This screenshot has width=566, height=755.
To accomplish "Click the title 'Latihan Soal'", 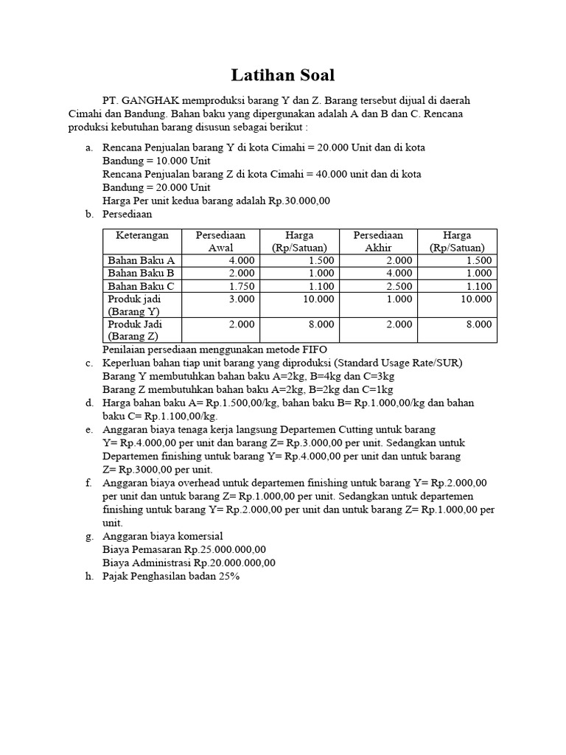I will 283,74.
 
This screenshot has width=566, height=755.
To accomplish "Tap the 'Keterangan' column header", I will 142,235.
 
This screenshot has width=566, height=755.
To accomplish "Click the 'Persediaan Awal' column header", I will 220,241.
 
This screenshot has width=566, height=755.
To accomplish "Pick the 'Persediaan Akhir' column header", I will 378,241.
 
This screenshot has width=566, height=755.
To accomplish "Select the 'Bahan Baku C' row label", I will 141,286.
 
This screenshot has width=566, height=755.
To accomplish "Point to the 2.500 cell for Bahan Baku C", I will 399,286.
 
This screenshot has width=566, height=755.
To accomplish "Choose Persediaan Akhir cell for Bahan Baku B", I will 399,273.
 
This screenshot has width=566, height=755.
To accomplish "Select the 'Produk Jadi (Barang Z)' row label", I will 136,330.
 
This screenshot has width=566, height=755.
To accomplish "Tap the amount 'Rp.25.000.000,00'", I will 226,549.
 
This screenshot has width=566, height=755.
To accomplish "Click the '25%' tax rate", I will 228,576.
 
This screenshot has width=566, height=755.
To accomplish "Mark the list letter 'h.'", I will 89,576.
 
